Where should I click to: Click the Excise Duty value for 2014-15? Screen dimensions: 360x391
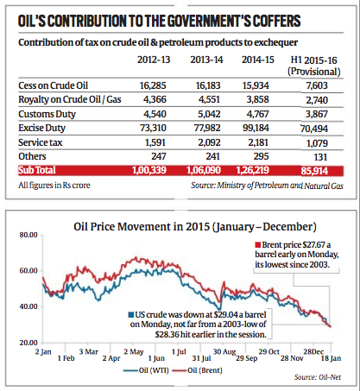tap(256, 128)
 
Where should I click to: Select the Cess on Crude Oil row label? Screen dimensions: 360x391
tap(54, 85)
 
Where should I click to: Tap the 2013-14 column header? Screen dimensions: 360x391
tap(206, 60)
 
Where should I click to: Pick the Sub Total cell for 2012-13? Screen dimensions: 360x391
tap(149, 170)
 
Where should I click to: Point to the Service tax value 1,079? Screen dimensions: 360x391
tap(317, 143)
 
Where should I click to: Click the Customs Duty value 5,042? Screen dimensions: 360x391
tap(209, 114)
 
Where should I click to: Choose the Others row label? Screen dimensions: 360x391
tap(32, 156)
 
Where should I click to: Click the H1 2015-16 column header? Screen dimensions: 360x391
tap(314, 66)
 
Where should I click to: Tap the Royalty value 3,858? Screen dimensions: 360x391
tap(257, 99)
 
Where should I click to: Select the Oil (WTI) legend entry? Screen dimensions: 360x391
tap(146, 370)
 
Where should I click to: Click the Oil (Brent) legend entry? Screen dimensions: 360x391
tap(198, 370)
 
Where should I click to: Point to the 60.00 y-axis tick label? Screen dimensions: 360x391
tap(28, 271)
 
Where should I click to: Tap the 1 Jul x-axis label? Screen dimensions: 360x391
tap(179, 351)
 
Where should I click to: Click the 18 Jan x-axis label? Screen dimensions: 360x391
tap(331, 358)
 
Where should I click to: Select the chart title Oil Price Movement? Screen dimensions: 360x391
tap(195, 227)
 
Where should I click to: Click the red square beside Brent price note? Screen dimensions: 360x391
tap(258, 245)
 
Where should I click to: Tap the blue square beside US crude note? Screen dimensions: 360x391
tap(131, 315)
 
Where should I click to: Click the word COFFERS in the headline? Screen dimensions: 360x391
tap(276, 21)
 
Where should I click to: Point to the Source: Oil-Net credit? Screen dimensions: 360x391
tap(318, 377)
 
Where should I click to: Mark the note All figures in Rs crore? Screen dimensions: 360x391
tap(54, 185)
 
